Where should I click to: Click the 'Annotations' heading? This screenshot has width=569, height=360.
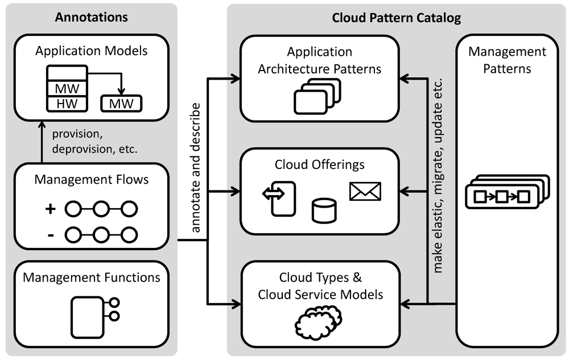point(92,17)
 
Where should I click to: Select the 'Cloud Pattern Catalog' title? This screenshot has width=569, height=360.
point(397,18)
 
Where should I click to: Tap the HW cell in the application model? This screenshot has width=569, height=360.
point(67,104)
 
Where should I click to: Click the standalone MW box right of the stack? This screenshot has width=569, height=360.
point(121,104)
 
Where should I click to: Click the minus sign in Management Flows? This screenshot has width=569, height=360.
point(51,234)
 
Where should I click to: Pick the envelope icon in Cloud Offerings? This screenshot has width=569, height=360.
point(365,192)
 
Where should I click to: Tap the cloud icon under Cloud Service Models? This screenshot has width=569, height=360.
point(318,324)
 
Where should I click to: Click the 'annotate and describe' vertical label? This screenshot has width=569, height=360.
point(195,167)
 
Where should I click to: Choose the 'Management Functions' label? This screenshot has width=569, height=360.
point(92,278)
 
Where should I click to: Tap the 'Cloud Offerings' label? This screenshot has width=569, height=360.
point(319,165)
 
